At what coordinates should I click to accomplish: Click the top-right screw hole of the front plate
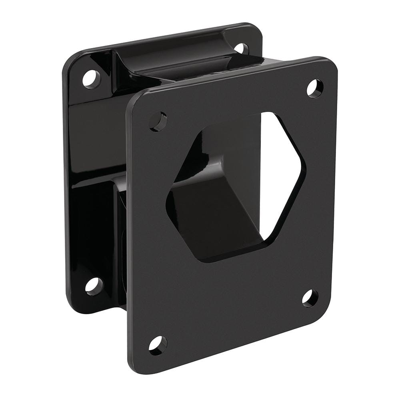[315, 88]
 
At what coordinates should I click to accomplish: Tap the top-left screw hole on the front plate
[158, 121]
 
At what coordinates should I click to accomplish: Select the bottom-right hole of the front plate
[310, 298]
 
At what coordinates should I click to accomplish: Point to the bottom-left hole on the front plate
[158, 345]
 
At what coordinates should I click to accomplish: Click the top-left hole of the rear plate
[92, 79]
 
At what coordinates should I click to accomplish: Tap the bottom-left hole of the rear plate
[94, 286]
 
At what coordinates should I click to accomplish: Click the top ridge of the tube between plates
[188, 60]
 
